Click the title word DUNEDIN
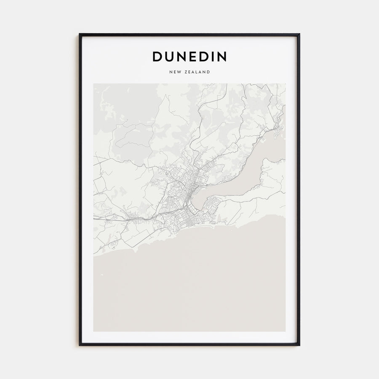tap(189, 56)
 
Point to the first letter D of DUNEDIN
tap(157, 56)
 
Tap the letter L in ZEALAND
tap(198, 72)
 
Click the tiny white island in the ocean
tap(101, 276)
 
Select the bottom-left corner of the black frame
tap(80, 345)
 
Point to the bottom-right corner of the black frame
tap(299, 345)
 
